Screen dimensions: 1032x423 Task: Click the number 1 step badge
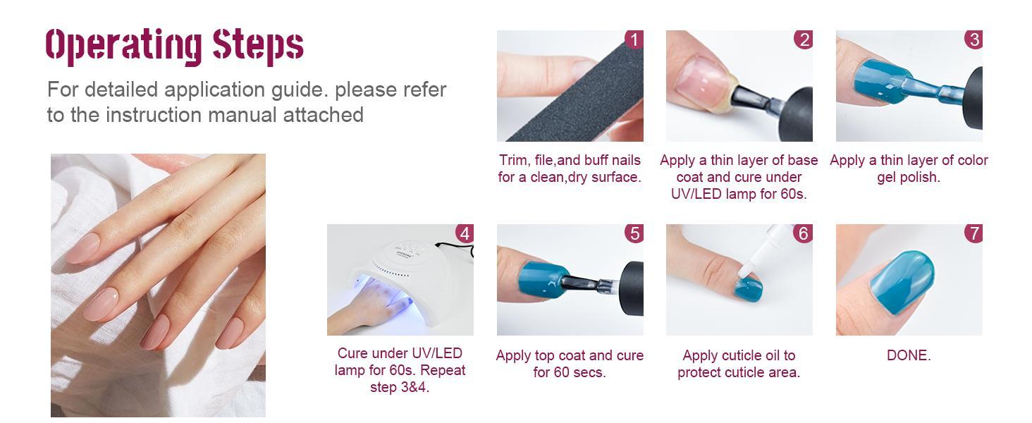(x=634, y=39)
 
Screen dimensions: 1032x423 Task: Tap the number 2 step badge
(x=804, y=39)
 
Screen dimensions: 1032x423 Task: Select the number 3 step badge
(x=973, y=39)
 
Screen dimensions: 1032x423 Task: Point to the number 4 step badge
(x=465, y=233)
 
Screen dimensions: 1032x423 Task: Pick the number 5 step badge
(x=634, y=233)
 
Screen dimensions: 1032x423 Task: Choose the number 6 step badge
(x=804, y=233)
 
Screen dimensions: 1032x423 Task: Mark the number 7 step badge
(x=973, y=233)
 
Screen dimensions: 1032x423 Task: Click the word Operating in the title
(x=123, y=46)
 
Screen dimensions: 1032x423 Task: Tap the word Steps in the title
(x=258, y=45)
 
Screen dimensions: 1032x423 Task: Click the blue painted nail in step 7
(x=902, y=283)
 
